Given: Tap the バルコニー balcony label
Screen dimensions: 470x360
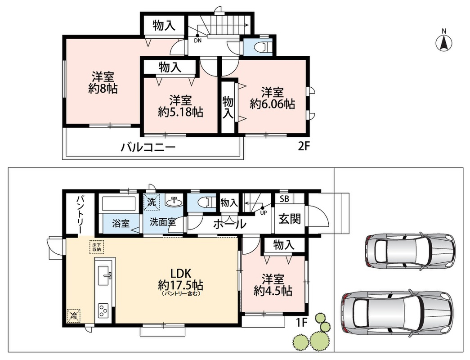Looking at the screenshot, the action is (x=148, y=148).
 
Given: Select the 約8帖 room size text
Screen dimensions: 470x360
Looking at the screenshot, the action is (x=103, y=89).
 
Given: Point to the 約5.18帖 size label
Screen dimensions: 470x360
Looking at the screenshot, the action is (x=180, y=112).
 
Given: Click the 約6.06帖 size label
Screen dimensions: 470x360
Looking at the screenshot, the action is (x=273, y=104).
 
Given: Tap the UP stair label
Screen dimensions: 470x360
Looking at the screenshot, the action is (x=264, y=213).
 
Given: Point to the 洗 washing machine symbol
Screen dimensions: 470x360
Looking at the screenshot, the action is (x=152, y=202).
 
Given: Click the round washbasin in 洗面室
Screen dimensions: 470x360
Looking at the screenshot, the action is (x=174, y=202).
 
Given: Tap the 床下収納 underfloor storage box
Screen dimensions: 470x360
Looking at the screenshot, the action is (x=97, y=247).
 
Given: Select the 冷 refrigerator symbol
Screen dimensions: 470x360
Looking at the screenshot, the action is (x=73, y=315).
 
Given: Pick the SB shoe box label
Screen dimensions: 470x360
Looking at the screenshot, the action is (x=284, y=198).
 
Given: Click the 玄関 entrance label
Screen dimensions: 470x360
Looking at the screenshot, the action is (x=289, y=219).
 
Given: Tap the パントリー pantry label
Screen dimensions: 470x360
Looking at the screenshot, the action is (x=80, y=214).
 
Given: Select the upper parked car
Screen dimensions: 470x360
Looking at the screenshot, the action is (x=410, y=250).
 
